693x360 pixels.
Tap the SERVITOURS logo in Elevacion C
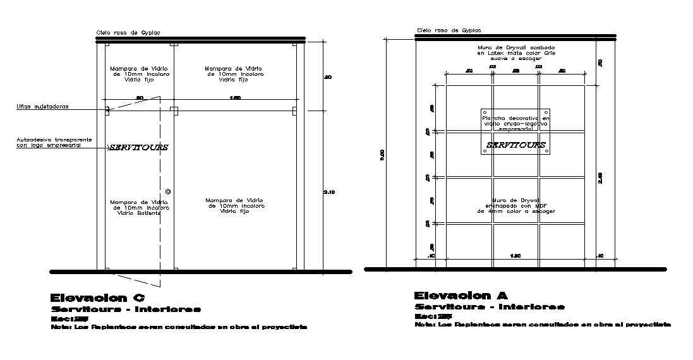coord(138,148)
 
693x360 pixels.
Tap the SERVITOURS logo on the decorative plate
coord(515,145)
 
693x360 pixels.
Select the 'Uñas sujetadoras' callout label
coord(42,107)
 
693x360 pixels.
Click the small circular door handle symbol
coord(167,191)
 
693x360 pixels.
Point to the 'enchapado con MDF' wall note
coord(516,205)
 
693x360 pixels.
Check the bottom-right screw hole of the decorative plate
coord(547,151)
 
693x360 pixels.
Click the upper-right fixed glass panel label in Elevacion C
coord(235,74)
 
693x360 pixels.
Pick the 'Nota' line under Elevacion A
coord(543,324)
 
